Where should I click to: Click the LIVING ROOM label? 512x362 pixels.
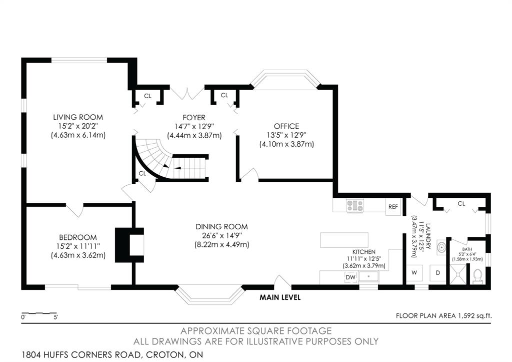coord(78,117)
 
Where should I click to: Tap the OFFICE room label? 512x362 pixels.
coord(286,126)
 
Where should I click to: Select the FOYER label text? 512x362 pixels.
coord(194,117)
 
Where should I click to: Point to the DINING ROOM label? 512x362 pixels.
coord(221,227)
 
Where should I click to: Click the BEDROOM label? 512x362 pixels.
coord(78,237)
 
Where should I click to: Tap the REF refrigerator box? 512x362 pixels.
coord(393,207)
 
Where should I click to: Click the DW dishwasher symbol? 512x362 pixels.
coord(350,277)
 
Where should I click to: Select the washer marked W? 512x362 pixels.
coord(414,273)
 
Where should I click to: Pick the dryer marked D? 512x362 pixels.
coord(438,273)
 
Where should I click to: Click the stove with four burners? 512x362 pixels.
coord(355,205)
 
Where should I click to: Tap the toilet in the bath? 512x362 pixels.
coord(478,276)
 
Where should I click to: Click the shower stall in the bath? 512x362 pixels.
coord(458,274)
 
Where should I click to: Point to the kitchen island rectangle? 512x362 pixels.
coord(344,240)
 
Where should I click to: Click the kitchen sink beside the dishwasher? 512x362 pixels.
coord(368,276)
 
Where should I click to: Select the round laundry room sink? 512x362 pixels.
coord(441,247)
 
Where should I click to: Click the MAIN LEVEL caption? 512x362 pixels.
coord(280,297)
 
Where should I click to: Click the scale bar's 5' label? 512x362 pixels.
coord(55,317)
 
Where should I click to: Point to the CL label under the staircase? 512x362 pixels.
coord(142,173)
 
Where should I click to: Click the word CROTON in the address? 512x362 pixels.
coord(163,354)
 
